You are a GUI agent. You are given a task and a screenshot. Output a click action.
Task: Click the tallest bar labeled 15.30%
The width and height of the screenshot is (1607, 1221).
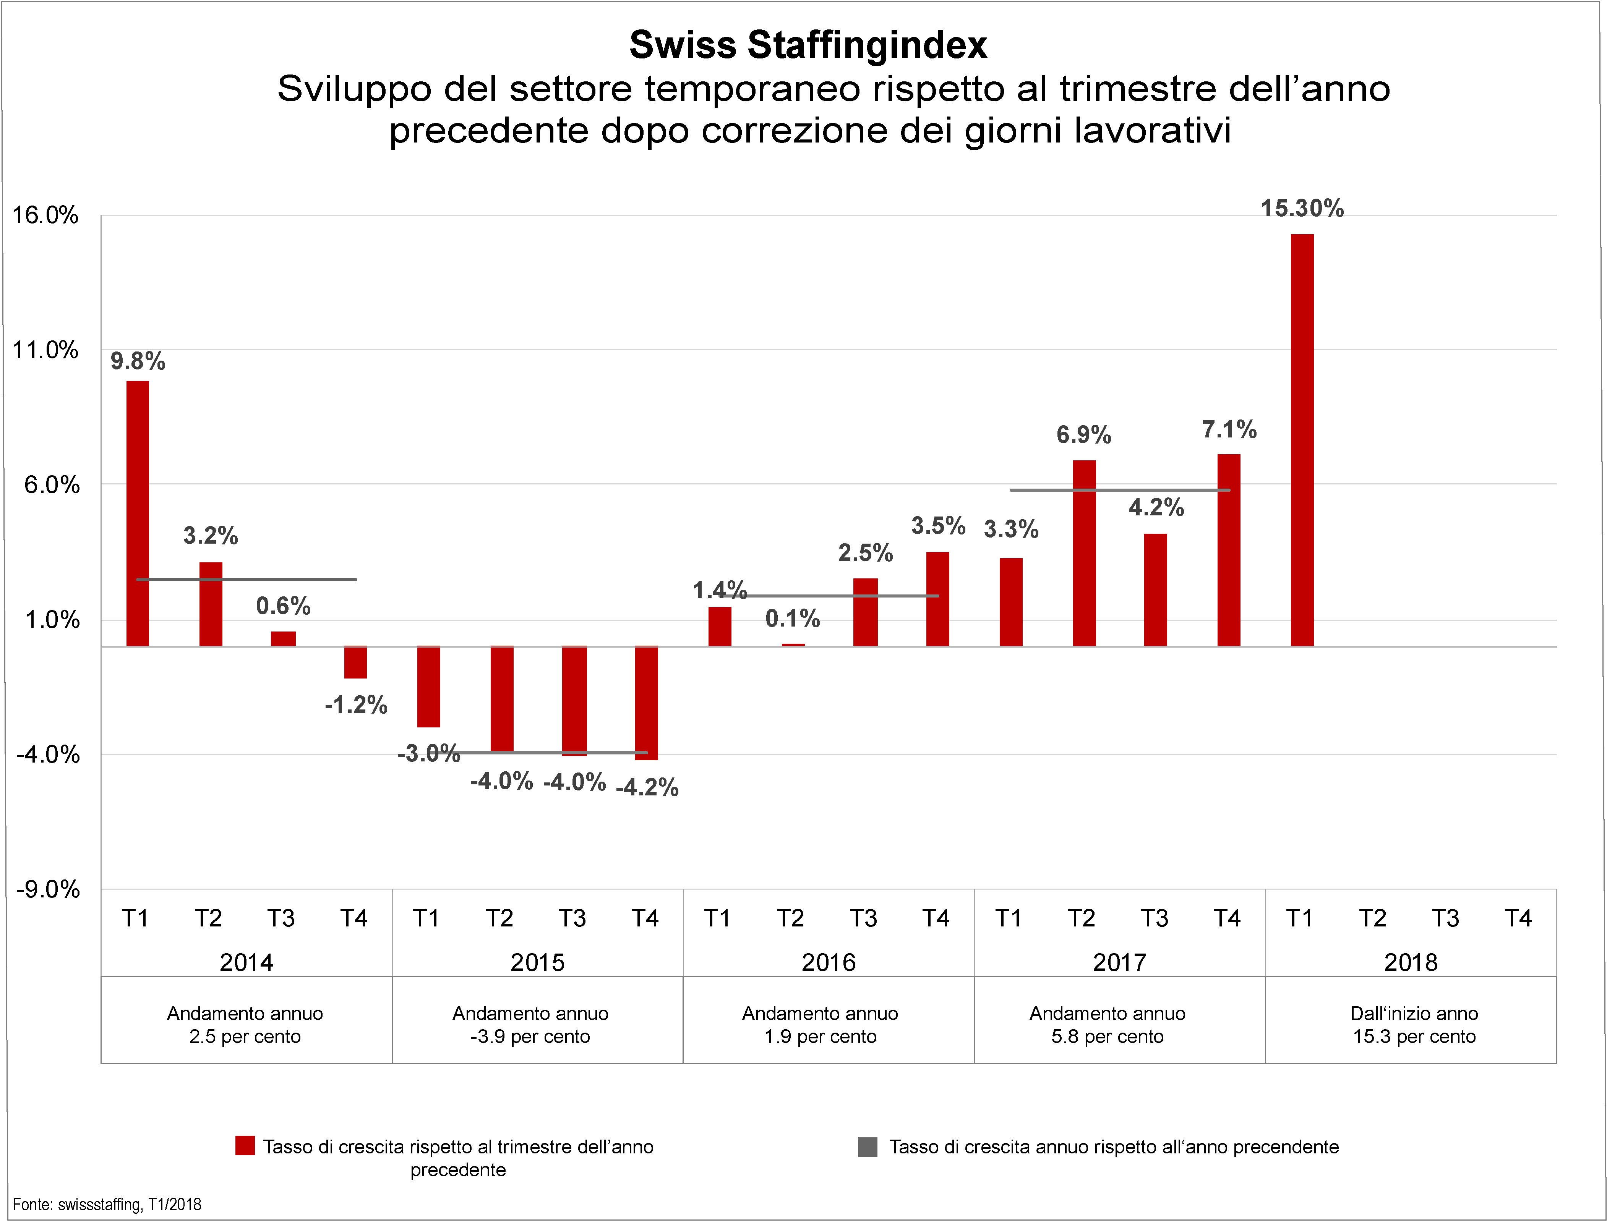[1302, 440]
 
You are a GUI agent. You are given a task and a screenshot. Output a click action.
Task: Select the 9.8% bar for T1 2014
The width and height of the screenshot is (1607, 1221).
[137, 513]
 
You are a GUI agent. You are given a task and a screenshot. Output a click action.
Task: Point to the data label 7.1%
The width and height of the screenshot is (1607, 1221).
[1229, 429]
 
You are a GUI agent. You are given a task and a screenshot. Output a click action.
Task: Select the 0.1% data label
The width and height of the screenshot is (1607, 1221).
[792, 619]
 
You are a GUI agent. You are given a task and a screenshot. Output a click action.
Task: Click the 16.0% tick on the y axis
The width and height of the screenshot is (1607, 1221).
[45, 215]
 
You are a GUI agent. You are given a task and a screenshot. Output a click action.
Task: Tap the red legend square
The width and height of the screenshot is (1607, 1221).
[245, 1146]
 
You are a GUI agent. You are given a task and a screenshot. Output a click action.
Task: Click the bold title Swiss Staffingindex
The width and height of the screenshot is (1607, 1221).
[808, 45]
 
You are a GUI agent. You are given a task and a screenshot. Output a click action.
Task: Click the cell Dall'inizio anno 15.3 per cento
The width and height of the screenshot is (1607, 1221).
[1414, 1025]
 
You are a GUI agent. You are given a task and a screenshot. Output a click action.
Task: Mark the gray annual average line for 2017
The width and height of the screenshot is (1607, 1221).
[1119, 490]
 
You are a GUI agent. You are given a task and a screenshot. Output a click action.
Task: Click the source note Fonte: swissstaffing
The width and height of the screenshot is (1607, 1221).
[107, 1204]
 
